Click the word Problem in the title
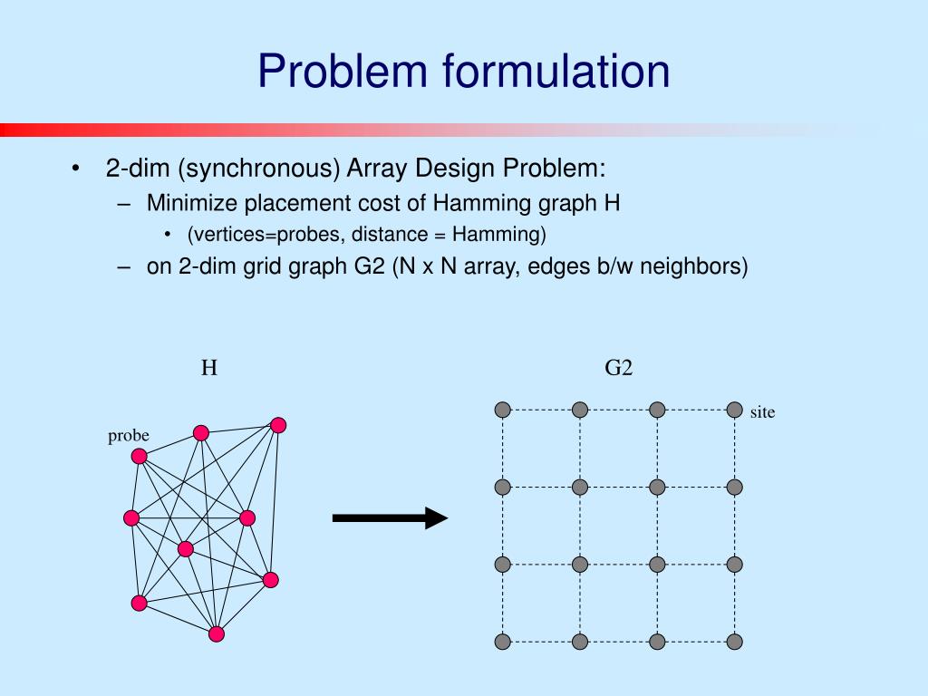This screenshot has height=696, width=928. tap(343, 71)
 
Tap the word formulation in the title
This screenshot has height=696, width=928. tap(557, 71)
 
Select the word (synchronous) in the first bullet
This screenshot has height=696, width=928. tap(259, 168)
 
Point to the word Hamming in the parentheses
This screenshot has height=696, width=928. tap(499, 235)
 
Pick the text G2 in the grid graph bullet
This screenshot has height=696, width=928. tap(370, 266)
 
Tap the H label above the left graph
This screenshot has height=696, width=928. tap(209, 368)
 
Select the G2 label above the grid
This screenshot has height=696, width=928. tap(618, 368)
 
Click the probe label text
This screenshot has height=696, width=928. tap(129, 436)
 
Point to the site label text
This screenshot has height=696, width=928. tap(762, 412)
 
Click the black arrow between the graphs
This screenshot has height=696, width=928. tap(390, 517)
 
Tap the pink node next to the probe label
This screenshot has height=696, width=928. tap(139, 457)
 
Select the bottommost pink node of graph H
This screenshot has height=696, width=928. tap(217, 633)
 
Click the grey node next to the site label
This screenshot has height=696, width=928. tap(734, 410)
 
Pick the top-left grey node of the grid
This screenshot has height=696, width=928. tap(502, 410)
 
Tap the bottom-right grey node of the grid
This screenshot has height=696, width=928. tap(734, 642)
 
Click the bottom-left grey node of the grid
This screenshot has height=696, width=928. tap(502, 642)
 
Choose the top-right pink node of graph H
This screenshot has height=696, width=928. tap(278, 426)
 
